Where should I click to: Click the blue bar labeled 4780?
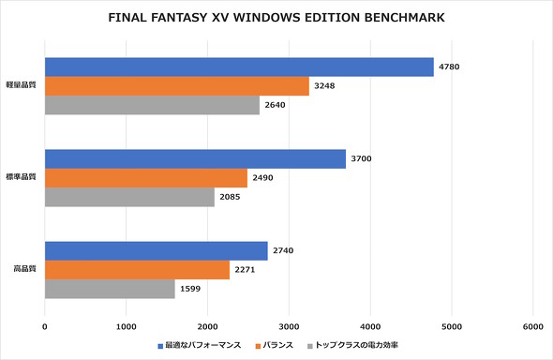coord(239,67)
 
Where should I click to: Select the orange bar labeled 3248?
coord(176,86)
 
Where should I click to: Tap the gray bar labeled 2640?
coord(152,105)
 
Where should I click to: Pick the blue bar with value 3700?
coord(195,159)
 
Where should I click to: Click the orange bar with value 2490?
coord(146,178)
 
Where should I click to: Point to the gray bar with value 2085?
coord(129,197)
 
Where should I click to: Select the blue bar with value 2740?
coord(156,251)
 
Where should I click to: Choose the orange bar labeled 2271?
coord(137,270)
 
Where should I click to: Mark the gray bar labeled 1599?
coord(110,289)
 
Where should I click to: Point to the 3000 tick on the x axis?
coord(289,326)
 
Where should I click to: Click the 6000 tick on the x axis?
coord(532,326)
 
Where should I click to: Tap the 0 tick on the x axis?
coord(45,326)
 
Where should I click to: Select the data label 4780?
coord(448,67)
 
